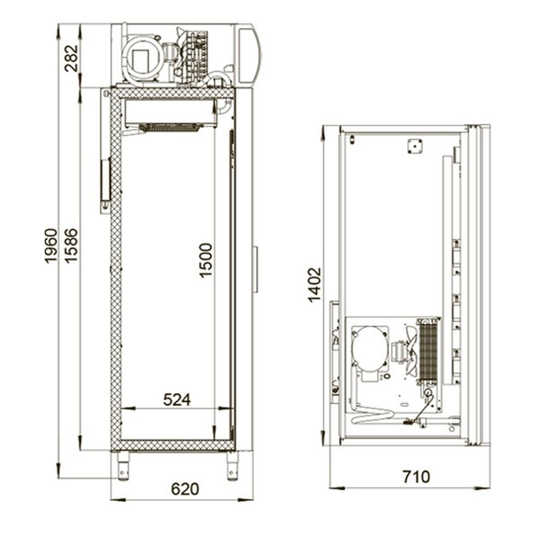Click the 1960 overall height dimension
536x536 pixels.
pyautogui.click(x=51, y=246)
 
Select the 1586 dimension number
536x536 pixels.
pyautogui.click(x=71, y=246)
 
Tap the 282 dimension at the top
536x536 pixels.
pyautogui.click(x=71, y=58)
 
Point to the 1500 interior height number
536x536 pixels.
pyautogui.click(x=206, y=260)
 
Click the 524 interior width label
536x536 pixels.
pyautogui.click(x=177, y=399)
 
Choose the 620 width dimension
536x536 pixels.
pyautogui.click(x=185, y=489)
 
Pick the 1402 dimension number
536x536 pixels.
pyautogui.click(x=315, y=285)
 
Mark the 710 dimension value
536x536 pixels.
pyautogui.click(x=416, y=477)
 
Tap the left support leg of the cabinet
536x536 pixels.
pyautogui.click(x=123, y=466)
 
